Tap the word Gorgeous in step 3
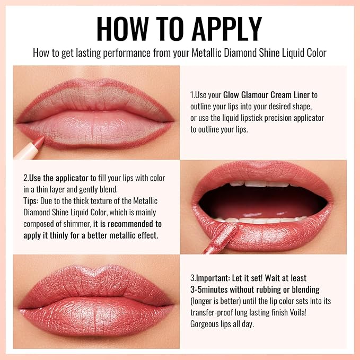tap(207, 323)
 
